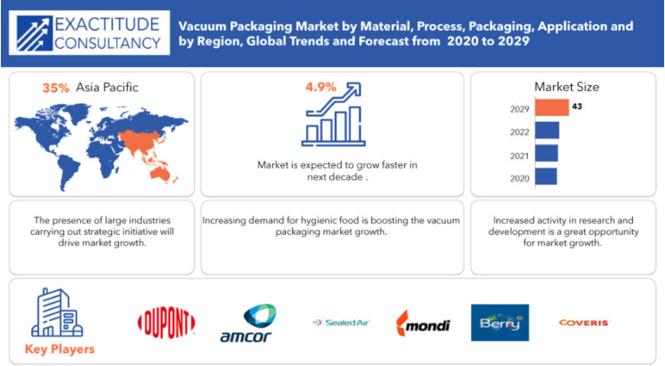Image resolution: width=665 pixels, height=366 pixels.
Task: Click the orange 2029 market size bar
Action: (552, 107)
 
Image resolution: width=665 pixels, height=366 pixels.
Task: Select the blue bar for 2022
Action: (547, 130)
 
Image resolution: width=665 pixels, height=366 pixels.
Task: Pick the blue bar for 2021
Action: (546, 154)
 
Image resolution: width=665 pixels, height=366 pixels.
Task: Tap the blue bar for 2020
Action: (546, 176)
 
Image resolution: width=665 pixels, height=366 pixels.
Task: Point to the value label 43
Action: (577, 106)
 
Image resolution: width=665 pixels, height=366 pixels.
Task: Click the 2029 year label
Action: (520, 110)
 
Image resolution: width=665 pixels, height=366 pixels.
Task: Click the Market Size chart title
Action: (567, 87)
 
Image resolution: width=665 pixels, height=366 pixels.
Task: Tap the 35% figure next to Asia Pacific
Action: (56, 88)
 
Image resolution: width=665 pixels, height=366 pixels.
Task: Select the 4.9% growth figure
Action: (321, 87)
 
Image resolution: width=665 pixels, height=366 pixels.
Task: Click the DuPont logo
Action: (166, 323)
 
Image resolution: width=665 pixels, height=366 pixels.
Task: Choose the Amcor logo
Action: (248, 323)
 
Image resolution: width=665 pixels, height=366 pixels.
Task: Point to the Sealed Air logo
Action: (342, 323)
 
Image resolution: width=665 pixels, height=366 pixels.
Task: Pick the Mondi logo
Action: (422, 323)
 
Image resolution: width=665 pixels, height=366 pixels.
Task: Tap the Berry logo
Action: (500, 323)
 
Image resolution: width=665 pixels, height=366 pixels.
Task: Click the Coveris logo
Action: (584, 323)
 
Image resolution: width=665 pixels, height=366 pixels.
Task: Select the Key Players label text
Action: (60, 349)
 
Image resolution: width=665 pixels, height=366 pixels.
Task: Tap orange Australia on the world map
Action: (160, 174)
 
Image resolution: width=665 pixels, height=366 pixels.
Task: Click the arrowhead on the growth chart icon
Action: (354, 89)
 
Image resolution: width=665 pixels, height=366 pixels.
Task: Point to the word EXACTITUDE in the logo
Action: (107, 24)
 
